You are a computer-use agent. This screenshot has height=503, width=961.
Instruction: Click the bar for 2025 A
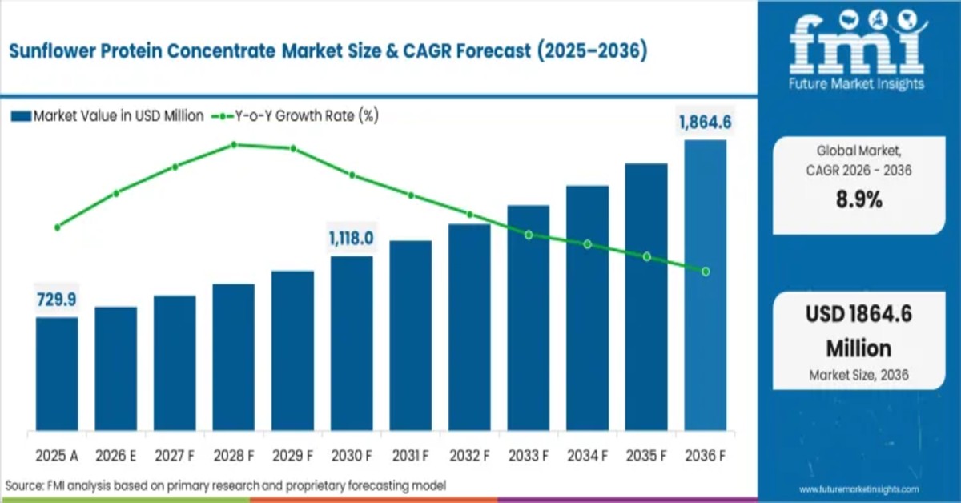[x=57, y=373]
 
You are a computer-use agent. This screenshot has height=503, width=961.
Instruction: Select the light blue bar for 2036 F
[x=706, y=284]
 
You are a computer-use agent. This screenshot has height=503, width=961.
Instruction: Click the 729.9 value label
[x=56, y=300]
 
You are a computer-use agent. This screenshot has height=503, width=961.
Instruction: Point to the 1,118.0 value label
[x=352, y=239]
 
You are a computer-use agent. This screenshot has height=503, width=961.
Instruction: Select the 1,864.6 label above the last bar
[x=706, y=123]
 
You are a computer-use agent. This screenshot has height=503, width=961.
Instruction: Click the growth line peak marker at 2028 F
[x=234, y=145]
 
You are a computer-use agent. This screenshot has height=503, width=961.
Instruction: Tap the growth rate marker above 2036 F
[x=706, y=272]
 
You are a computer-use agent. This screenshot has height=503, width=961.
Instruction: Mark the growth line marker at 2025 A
[x=57, y=227]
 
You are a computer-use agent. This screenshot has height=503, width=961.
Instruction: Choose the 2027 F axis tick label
[x=175, y=455]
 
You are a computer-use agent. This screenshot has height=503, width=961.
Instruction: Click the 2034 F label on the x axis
[x=587, y=455]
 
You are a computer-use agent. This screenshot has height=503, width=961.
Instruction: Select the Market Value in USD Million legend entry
[x=108, y=116]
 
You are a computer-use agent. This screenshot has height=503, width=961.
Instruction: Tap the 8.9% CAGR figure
[x=858, y=200]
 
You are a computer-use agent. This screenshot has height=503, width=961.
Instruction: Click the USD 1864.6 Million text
[x=858, y=332]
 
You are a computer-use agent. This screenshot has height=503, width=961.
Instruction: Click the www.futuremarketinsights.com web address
[x=859, y=489]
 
